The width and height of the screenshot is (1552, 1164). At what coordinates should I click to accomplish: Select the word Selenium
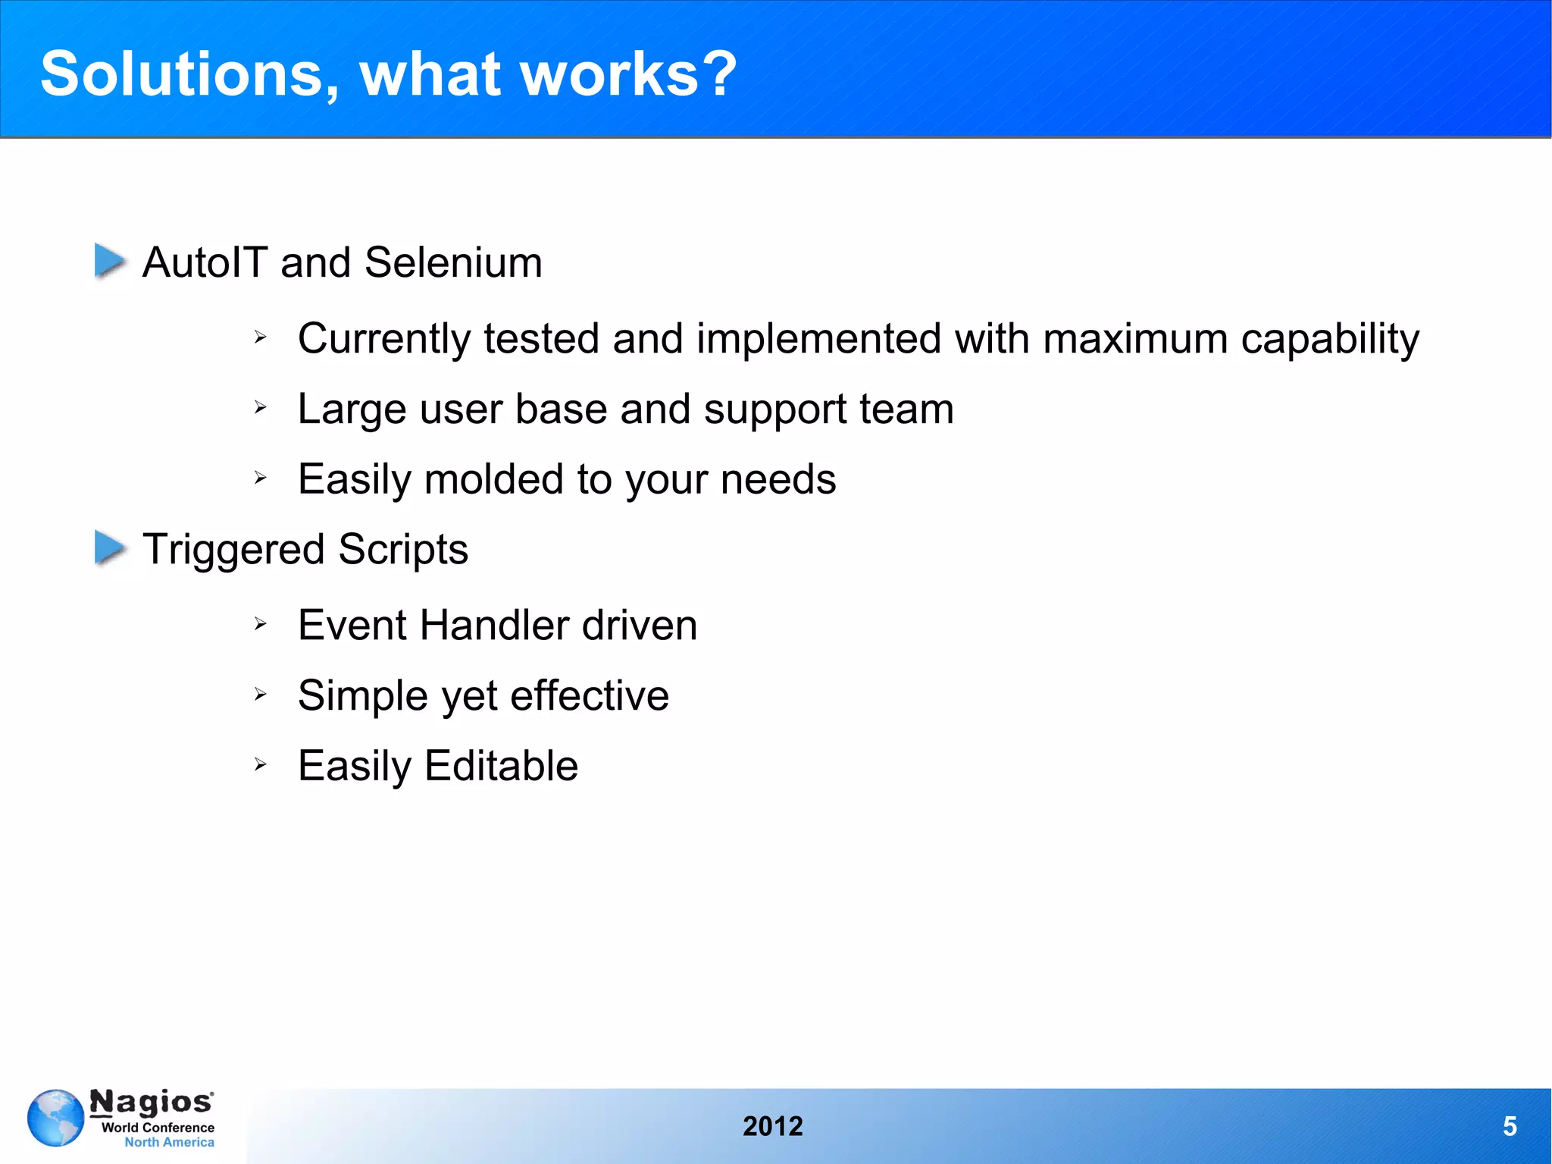(x=453, y=262)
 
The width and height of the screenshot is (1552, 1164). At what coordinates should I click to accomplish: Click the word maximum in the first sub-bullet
(x=1135, y=338)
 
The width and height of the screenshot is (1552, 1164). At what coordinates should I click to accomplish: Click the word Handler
(x=494, y=626)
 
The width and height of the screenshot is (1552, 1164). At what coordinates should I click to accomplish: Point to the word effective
(x=590, y=695)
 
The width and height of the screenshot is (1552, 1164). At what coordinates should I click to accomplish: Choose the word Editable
(x=501, y=766)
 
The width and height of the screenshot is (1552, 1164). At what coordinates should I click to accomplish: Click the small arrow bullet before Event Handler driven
(x=261, y=624)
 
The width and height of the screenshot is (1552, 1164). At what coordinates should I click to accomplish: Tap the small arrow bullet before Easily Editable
(x=261, y=764)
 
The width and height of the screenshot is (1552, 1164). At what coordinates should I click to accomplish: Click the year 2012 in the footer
(x=772, y=1127)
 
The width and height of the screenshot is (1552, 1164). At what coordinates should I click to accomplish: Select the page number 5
(x=1510, y=1127)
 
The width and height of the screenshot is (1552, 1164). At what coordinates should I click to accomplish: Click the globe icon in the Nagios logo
(x=55, y=1118)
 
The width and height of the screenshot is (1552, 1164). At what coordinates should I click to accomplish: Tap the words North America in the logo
(x=169, y=1143)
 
